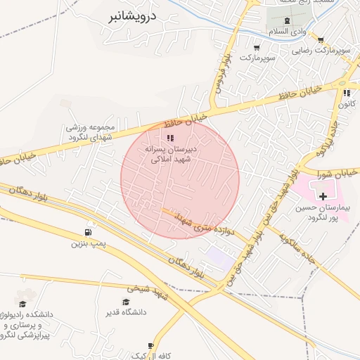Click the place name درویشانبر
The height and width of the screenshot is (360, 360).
tap(138, 15)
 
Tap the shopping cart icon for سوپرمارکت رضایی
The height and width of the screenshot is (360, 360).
tap(321, 40)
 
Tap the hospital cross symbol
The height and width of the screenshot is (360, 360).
tap(323, 195)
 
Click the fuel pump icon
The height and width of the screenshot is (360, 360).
tap(89, 233)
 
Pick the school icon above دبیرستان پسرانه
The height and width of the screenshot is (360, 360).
tap(169, 138)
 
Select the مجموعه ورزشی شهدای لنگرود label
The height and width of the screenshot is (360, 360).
tap(90, 132)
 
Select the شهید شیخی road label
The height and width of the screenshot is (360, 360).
tap(147, 288)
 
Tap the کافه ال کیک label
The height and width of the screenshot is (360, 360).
tap(141, 348)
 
